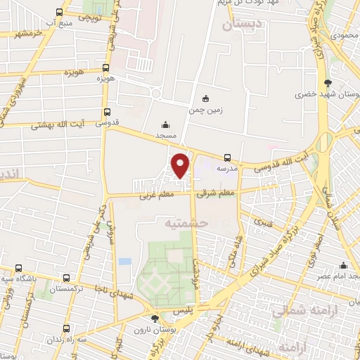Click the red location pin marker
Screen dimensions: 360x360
coord(181,165)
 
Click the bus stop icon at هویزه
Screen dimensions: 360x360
coord(105,68)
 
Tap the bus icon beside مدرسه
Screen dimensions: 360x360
coord(226,157)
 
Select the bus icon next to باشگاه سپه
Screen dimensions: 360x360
coord(18,268)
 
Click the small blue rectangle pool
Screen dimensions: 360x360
coord(124,262)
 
